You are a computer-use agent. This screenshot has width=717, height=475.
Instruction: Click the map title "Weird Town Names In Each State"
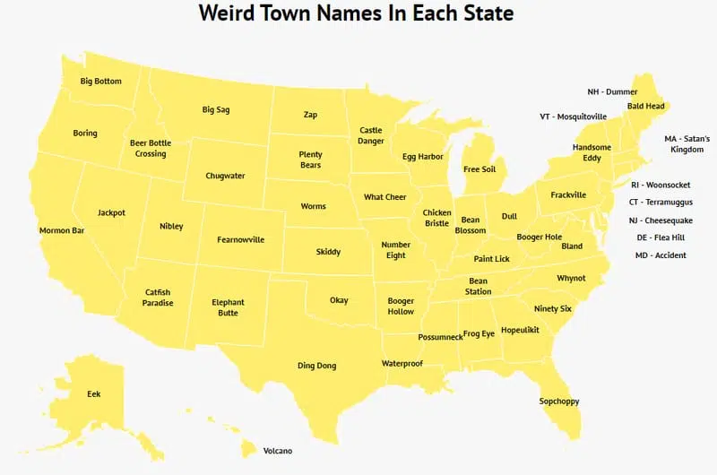(x=356, y=13)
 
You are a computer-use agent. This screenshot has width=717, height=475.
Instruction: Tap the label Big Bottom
(x=100, y=82)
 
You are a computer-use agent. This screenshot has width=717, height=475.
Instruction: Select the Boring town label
(x=85, y=134)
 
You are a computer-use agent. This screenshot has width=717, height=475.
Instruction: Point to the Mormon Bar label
(x=62, y=230)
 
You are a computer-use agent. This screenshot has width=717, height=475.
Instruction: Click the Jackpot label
(x=111, y=212)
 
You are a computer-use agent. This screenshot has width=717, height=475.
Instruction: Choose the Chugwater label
(x=225, y=176)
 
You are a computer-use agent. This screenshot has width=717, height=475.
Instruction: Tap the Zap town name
(x=310, y=115)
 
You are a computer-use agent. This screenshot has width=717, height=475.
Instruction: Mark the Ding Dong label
(x=317, y=366)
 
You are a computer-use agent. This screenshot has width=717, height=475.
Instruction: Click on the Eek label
(x=94, y=394)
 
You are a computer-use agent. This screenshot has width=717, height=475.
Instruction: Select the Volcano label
(x=278, y=451)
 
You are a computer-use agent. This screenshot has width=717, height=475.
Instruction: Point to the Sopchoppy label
(x=559, y=401)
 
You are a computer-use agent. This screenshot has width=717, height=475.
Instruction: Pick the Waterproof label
(x=402, y=364)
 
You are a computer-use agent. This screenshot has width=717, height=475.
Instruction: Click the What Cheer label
(x=385, y=197)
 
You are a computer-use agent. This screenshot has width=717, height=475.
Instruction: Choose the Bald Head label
(x=645, y=106)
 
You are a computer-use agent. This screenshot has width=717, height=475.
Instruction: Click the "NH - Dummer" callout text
(x=612, y=91)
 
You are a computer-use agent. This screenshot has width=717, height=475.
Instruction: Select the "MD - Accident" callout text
(x=661, y=255)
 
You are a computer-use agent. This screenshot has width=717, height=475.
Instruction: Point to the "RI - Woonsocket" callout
(x=661, y=185)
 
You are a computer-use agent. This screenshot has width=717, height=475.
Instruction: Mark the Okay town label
(x=339, y=300)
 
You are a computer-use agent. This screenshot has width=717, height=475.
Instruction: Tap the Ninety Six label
(x=552, y=308)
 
